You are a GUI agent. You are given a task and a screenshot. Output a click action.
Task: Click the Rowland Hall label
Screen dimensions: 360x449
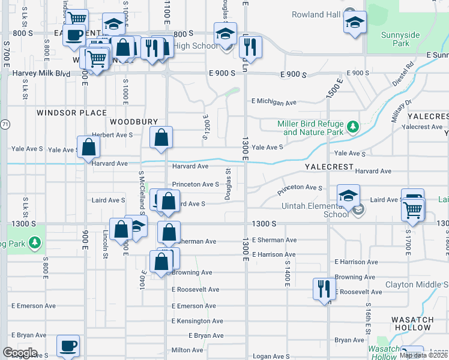(316, 14)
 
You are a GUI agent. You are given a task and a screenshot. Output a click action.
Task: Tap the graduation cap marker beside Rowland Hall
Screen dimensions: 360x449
(355, 23)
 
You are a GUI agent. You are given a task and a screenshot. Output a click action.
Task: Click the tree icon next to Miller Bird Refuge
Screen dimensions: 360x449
(352, 127)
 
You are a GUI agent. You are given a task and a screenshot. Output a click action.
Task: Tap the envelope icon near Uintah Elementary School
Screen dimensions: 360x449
(359, 209)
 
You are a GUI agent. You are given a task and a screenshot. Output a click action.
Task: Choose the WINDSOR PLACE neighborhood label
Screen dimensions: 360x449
(71, 113)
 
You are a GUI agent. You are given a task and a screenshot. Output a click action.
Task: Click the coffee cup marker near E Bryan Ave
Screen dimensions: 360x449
(68, 346)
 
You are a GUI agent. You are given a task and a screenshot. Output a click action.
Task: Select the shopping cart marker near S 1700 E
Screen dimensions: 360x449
(413, 209)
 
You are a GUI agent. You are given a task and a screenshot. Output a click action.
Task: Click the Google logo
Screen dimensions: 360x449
(20, 353)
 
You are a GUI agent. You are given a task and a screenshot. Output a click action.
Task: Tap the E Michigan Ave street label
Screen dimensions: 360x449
(274, 103)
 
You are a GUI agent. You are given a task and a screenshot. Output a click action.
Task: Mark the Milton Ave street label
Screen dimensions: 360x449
(187, 350)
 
